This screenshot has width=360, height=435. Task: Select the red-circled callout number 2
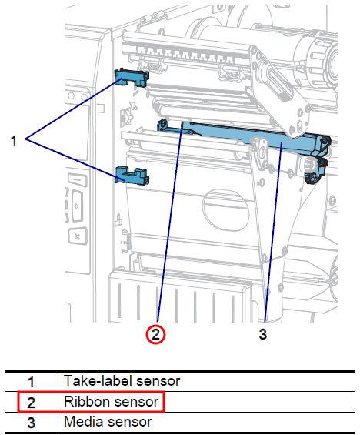[157, 334]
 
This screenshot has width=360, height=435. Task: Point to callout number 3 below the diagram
[263, 334]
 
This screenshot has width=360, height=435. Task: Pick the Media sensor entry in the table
[108, 421]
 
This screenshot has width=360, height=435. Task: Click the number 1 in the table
[31, 380]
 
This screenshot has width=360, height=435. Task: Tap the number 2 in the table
[31, 401]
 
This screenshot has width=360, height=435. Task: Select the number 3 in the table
[31, 421]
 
